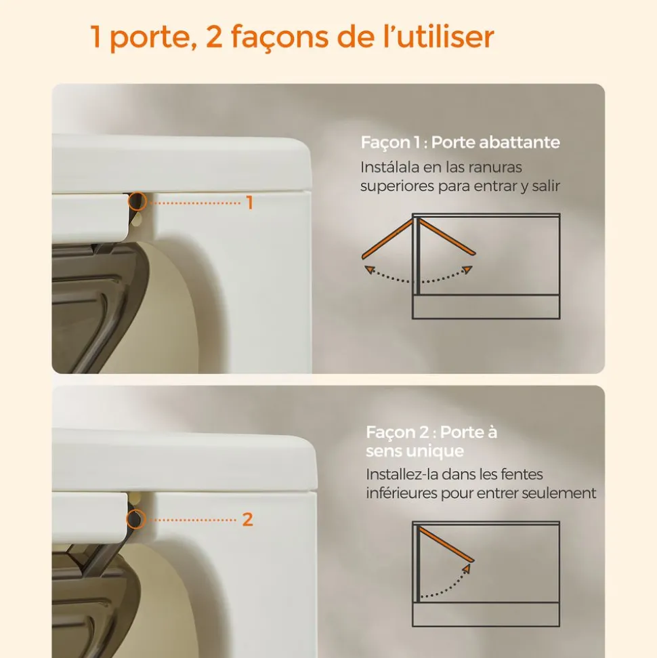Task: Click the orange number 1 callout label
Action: point(249,202)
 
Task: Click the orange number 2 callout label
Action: point(247,520)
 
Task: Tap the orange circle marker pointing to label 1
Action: point(137,201)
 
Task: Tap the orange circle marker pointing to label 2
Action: point(137,519)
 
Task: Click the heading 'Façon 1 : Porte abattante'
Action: point(460,143)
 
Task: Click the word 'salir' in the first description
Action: point(547,186)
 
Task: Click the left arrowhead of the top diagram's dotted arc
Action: point(368,270)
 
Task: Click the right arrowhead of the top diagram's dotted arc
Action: point(467,269)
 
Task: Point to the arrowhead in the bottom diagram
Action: point(467,570)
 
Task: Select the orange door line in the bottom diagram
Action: point(445,543)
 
